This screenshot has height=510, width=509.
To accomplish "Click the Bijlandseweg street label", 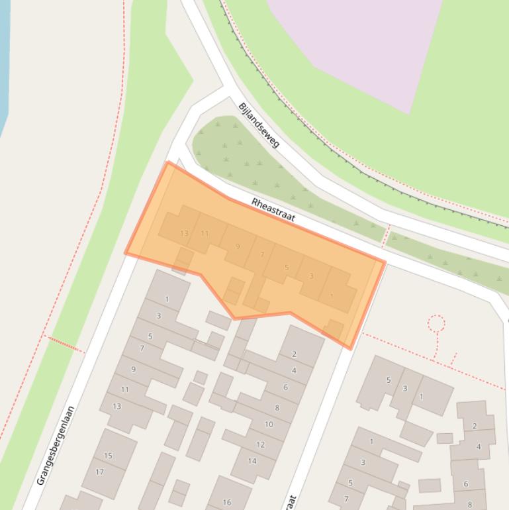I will pos(259,125).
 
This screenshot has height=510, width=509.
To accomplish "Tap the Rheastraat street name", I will pos(273,210).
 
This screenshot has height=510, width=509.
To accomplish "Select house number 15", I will pos(108,456).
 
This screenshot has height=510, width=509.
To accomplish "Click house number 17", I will pos(100,472).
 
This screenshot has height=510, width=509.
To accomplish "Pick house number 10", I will pos(269,425).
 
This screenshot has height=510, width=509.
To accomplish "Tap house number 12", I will pos(260,444).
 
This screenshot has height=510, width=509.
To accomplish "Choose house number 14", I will pos(252,461).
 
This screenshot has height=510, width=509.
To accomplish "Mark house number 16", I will pos(227,502).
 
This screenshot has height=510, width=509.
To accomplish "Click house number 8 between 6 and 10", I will pos(277,408).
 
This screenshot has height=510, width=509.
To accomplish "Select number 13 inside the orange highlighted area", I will pos(184,233).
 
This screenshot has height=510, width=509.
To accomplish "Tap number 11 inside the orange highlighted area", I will pos(205,233).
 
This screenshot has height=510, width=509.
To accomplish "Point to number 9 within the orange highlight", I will pos(238,247).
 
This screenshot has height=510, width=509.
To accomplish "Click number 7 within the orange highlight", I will pos(262,254).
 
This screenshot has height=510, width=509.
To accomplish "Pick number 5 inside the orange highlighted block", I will pos(287,268).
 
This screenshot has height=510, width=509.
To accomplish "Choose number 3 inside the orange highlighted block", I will pos(311,276).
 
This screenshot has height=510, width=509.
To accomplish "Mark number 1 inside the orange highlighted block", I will pos(332,297).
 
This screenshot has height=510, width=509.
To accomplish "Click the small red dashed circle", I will pos(436,323).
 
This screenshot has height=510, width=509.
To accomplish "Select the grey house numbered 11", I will pos(124,389).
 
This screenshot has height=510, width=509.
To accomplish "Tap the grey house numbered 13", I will pos(116,406).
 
